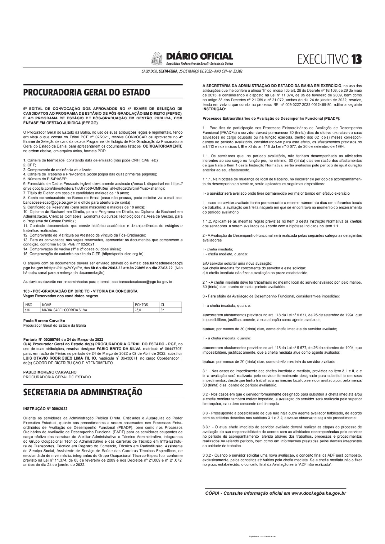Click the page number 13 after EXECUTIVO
click(x=356, y=59)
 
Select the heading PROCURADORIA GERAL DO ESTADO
click(x=87, y=92)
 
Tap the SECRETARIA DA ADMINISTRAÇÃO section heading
click(x=83, y=392)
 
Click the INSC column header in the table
click(x=29, y=305)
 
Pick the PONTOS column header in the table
click(x=142, y=305)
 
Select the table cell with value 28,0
click(x=138, y=310)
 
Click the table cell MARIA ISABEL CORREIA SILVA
click(x=65, y=310)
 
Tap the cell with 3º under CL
click(x=162, y=310)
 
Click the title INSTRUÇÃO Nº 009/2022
click(x=45, y=409)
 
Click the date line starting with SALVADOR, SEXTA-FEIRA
click(x=192, y=71)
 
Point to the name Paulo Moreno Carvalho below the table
click(x=44, y=321)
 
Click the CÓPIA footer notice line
click(x=275, y=493)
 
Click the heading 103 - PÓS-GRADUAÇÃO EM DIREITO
click(x=80, y=291)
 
